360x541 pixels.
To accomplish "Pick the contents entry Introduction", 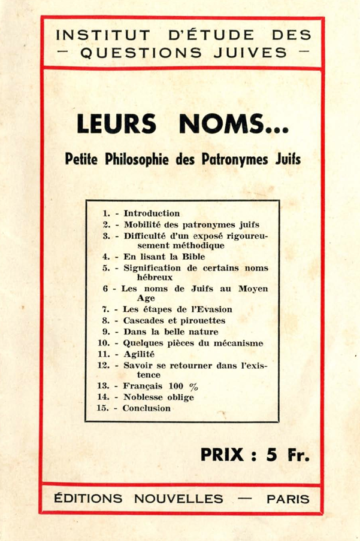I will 152,213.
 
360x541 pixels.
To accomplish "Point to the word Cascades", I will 144,320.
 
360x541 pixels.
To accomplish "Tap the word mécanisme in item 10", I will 235,343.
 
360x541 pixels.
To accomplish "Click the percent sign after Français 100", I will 193,386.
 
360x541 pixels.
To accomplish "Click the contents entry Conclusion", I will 146,408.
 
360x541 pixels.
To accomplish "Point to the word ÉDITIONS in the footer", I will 87,498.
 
